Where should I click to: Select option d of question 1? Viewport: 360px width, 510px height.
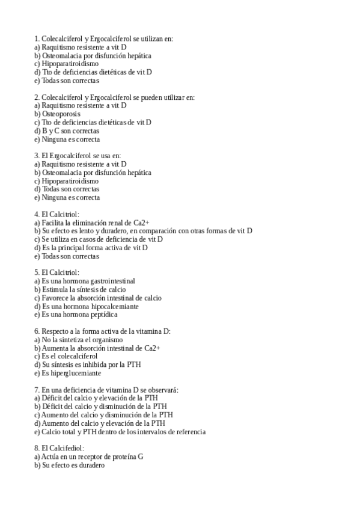click(93, 72)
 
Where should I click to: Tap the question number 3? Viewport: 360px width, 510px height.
click(37, 155)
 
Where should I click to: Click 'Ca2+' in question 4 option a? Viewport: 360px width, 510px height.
click(141, 223)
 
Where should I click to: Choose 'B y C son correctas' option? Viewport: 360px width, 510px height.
click(67, 131)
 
